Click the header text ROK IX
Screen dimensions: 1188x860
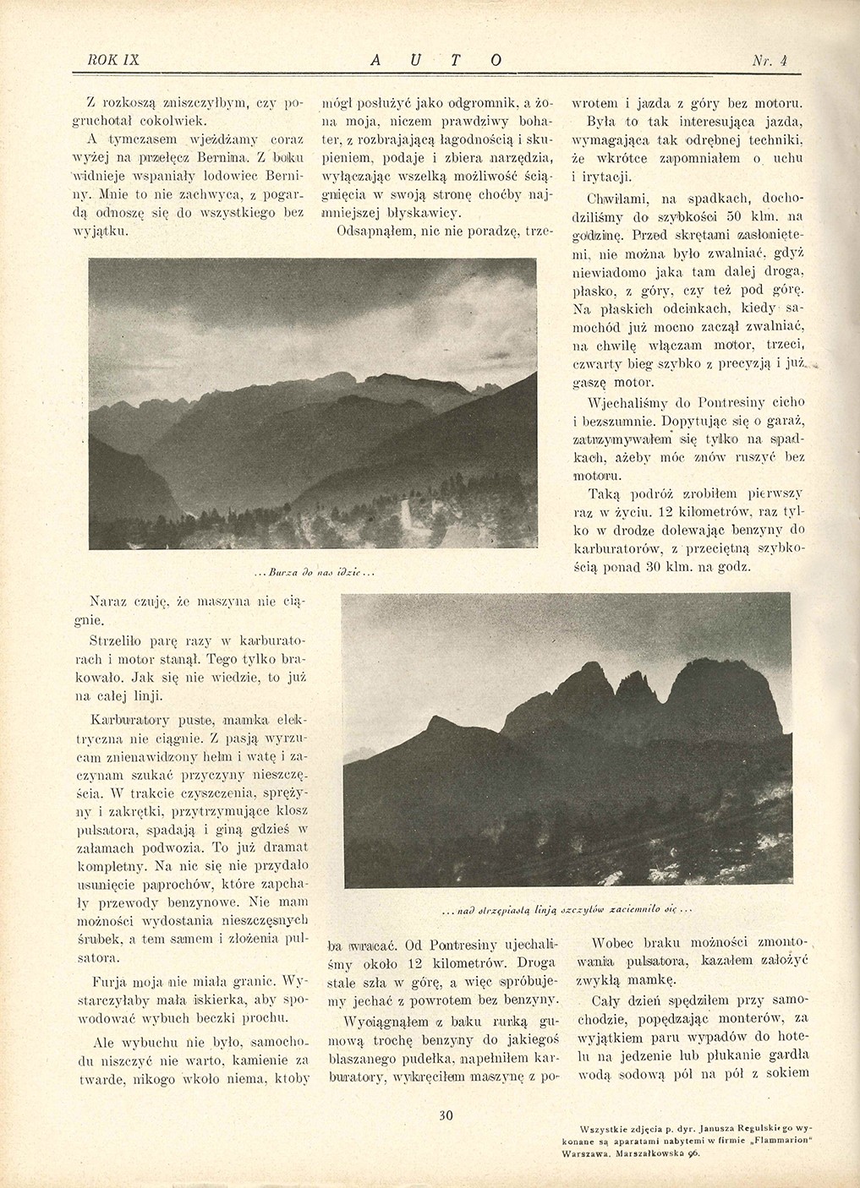coord(112,60)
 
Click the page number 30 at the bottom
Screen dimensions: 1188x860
coord(446,1114)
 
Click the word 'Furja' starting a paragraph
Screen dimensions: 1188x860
coord(110,982)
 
